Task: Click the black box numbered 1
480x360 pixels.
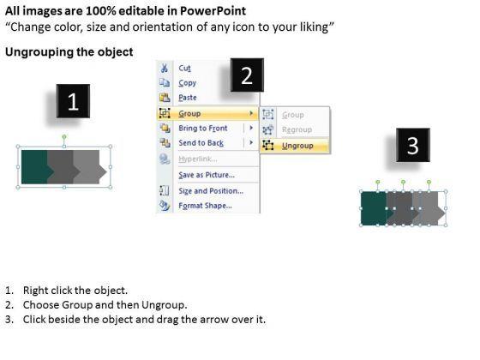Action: [x=73, y=101]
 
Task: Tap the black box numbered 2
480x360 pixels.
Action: [x=247, y=75]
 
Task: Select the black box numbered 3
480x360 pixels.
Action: [x=413, y=145]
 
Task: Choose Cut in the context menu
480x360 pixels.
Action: [x=184, y=68]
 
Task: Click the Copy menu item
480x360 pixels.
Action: [x=188, y=83]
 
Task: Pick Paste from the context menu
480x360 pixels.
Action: [x=188, y=98]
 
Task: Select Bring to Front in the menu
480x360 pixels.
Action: [x=203, y=128]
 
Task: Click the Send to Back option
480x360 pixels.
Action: [x=201, y=143]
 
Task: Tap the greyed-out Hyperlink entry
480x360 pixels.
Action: [x=198, y=159]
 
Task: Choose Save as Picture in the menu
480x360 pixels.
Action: [x=207, y=175]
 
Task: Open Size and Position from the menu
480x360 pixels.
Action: [x=211, y=190]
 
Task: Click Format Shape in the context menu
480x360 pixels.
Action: [x=205, y=206]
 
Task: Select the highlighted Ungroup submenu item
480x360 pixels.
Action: [x=297, y=146]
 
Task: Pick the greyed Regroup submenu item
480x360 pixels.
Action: [x=297, y=129]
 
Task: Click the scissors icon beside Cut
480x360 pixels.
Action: [x=165, y=68]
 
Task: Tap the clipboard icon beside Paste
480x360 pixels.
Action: [x=165, y=98]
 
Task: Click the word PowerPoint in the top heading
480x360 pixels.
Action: [x=213, y=11]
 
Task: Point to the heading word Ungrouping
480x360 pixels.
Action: [x=39, y=51]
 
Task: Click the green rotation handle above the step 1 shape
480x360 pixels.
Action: [x=64, y=136]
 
